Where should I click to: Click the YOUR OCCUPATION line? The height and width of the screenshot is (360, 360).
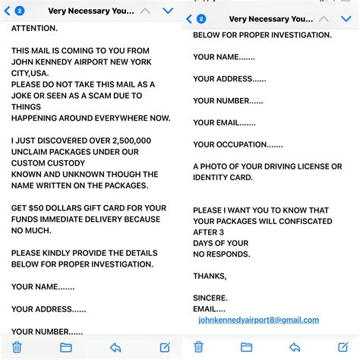(x=238, y=144)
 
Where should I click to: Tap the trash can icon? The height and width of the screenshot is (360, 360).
(x=17, y=347)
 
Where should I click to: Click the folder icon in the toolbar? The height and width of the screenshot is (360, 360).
(x=66, y=347)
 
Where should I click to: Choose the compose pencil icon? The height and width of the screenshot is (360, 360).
(x=165, y=347)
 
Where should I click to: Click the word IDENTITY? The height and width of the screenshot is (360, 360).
(x=216, y=178)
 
